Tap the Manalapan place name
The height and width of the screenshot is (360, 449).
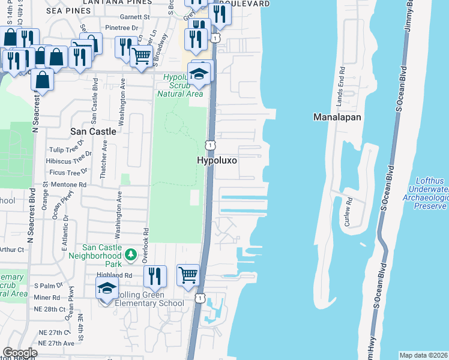(337, 117)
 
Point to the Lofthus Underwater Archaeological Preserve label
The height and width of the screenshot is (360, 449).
(431, 193)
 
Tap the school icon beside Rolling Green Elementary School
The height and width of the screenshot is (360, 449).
(106, 290)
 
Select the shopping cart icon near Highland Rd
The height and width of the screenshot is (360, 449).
(188, 275)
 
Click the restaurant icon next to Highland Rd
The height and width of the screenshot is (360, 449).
(155, 277)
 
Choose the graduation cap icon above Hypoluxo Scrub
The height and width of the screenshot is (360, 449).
(198, 74)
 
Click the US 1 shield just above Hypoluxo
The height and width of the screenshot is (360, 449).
(209, 145)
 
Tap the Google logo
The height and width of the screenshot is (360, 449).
(20, 353)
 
